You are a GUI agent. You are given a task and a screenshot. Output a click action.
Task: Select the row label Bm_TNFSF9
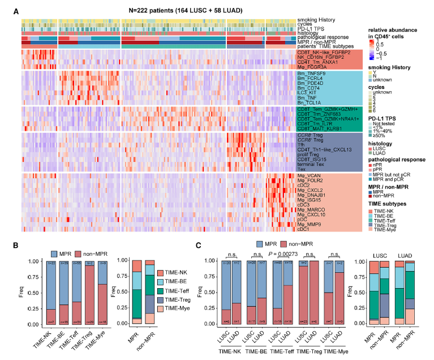tap(310, 73)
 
